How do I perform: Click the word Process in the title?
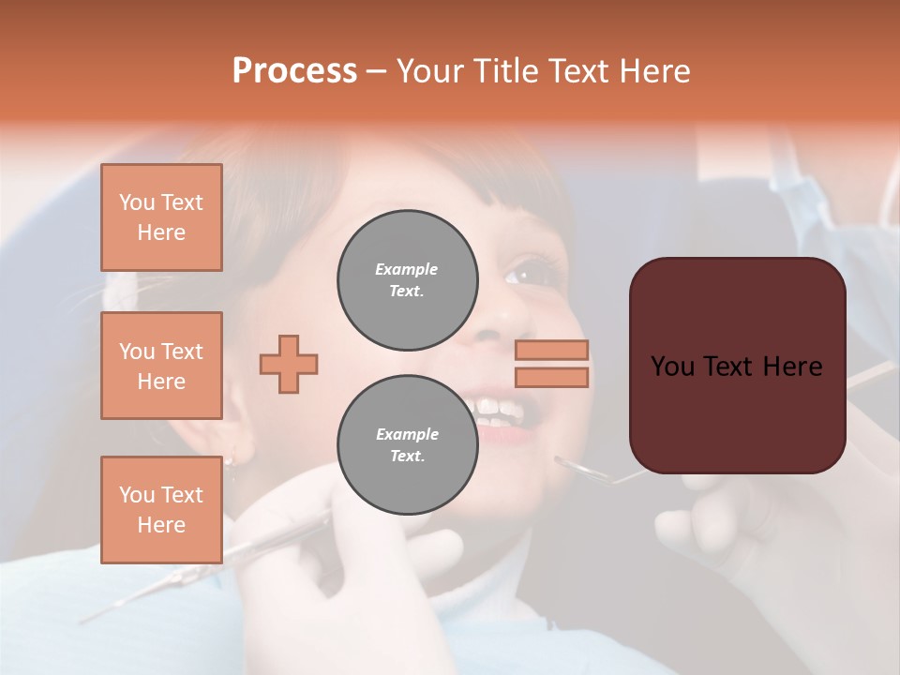coord(294,71)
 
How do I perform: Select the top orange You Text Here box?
coord(161,217)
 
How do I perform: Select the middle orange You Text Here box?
coord(161,366)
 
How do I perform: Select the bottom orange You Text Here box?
coord(161,509)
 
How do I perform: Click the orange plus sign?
coord(289,364)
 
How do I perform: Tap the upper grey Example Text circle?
coord(407,280)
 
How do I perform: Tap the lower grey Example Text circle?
coord(407,445)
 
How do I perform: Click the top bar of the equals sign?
coord(551,351)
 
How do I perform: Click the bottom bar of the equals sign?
coord(551,377)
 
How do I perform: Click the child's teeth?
coord(497,411)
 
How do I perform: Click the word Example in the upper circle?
coord(407,269)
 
